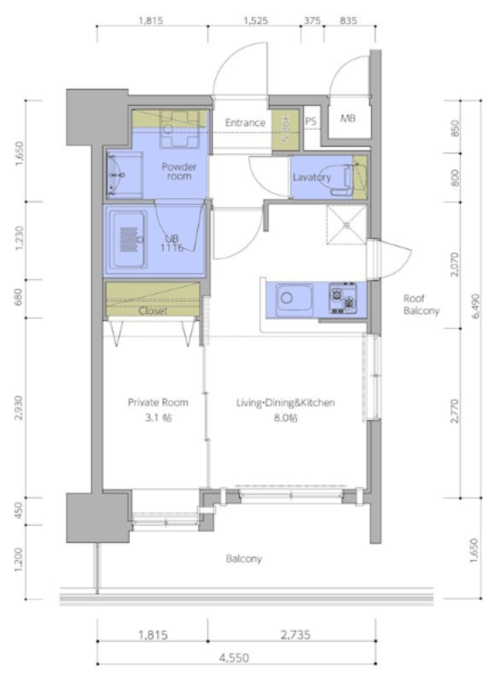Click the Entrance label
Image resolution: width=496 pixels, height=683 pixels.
(x=245, y=123)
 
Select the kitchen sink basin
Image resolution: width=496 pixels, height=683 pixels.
(x=295, y=300)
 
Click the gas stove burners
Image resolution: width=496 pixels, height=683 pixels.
(x=343, y=298)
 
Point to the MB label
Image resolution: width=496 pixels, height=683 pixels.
(x=347, y=118)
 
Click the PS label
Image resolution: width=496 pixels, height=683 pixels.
(x=311, y=121)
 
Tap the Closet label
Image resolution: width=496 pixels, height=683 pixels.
(x=153, y=311)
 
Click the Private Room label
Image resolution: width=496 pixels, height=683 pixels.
(x=158, y=402)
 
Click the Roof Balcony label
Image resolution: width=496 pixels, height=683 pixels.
(x=421, y=305)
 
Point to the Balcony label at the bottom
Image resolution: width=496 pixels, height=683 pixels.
(x=244, y=558)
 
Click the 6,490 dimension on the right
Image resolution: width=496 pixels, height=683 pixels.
(x=476, y=306)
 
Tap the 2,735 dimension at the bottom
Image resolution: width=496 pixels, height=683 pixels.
(x=295, y=635)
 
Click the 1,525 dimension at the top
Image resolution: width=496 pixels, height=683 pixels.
(x=255, y=20)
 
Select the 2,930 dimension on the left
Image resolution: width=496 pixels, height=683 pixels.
(x=19, y=408)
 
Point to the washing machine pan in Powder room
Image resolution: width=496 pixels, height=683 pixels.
(x=179, y=130)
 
